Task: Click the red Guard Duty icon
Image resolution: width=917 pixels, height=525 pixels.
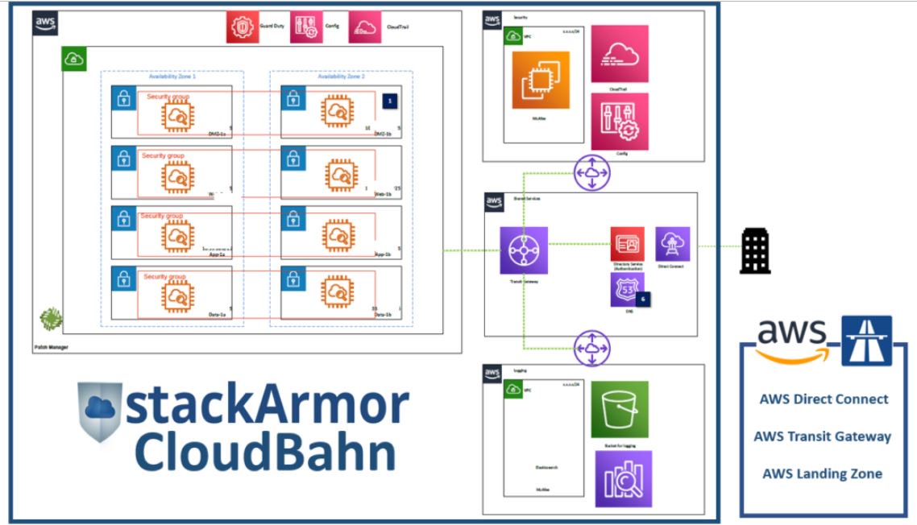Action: click(x=243, y=27)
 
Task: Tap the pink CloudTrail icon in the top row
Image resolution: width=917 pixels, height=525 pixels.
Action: click(x=365, y=27)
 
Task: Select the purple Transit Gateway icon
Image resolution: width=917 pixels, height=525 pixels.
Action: click(x=523, y=250)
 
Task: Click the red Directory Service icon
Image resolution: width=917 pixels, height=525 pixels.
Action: click(x=627, y=243)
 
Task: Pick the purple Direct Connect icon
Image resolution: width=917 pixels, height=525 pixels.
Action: click(x=672, y=243)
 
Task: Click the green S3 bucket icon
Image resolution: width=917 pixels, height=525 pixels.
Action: click(x=619, y=409)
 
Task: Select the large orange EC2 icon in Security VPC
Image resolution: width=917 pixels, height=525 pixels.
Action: click(x=541, y=80)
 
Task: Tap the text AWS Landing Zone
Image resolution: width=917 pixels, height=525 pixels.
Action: click(x=822, y=473)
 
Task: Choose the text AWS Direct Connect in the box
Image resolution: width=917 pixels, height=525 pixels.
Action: click(x=824, y=399)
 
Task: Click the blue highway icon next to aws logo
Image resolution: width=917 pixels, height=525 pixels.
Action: click(x=866, y=341)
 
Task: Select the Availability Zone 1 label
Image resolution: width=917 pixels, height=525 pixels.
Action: click(x=172, y=76)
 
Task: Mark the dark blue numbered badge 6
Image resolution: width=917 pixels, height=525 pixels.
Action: click(x=643, y=298)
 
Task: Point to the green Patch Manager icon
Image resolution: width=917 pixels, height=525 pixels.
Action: click(x=52, y=319)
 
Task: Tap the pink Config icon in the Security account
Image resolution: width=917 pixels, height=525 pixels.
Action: click(x=619, y=121)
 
